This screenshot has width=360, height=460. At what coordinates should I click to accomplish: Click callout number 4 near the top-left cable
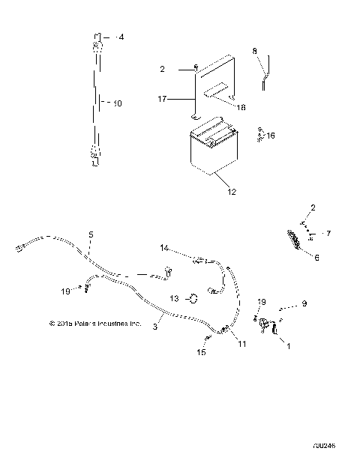coord(123,37)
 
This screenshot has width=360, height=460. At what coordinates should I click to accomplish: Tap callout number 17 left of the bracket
coord(162,97)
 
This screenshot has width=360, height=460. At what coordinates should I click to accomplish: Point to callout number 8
coord(255,51)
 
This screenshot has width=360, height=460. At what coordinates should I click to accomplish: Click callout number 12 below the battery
coord(231,192)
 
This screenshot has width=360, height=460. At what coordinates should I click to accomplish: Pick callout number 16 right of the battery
coord(270,136)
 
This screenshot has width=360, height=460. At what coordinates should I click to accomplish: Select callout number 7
coord(327,233)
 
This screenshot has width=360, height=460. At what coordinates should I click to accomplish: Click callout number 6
coord(316,256)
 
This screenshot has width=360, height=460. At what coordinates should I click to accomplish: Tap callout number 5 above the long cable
coord(91,234)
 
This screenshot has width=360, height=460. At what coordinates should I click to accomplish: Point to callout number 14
coord(164,246)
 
